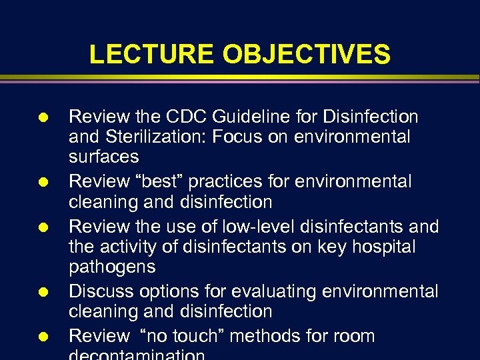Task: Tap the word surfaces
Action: tap(104, 157)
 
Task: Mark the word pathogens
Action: tap(112, 267)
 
